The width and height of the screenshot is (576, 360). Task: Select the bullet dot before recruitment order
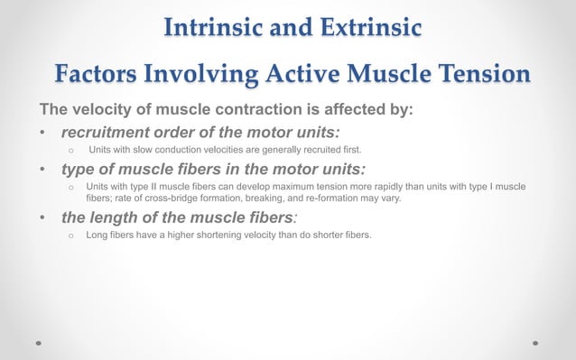coord(42,135)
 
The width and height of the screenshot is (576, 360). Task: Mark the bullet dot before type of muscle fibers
coord(42,170)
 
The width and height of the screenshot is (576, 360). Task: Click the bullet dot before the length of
coord(42,218)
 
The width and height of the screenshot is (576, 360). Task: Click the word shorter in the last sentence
coord(329,235)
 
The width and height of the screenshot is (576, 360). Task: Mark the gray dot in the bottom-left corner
coord(39,343)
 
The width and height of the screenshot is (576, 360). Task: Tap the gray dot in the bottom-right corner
coord(535,343)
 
